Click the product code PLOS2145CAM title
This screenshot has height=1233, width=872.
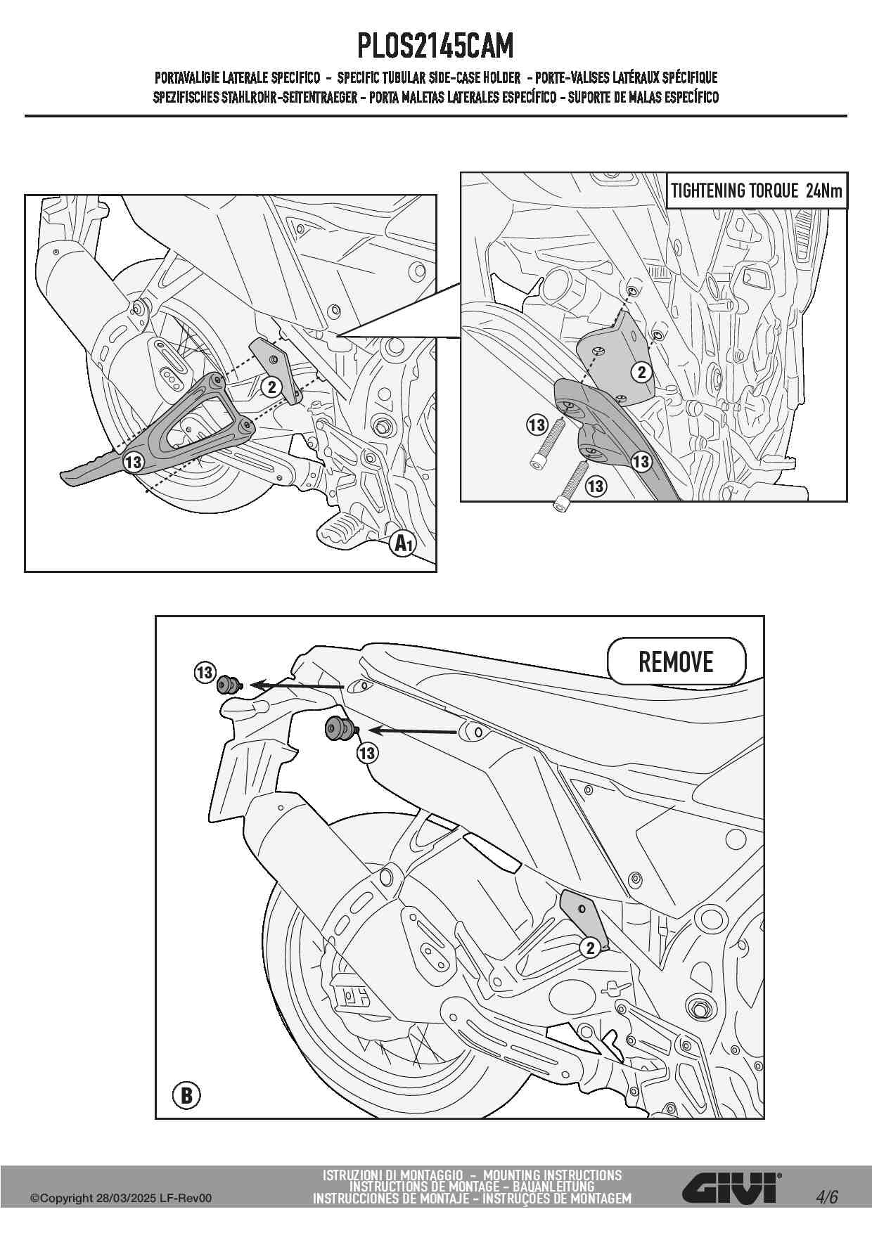tap(436, 46)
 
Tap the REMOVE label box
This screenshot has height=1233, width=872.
tap(676, 661)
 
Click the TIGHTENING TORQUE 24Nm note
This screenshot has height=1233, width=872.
tap(757, 191)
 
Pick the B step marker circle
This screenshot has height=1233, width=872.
tap(186, 1095)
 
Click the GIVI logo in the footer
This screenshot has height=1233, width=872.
tap(732, 1187)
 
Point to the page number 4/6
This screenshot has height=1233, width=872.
tap(827, 1197)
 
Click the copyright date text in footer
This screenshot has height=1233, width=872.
tap(120, 1198)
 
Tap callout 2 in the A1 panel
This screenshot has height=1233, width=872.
tap(271, 387)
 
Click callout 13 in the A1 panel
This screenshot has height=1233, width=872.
tap(133, 463)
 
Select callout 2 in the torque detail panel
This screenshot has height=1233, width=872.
tap(641, 372)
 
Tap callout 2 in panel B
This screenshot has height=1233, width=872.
tap(591, 948)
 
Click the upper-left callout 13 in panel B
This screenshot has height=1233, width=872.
tap(205, 673)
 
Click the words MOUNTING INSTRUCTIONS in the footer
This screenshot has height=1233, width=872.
tap(553, 1175)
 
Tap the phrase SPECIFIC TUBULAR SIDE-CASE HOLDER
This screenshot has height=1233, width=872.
tap(429, 77)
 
